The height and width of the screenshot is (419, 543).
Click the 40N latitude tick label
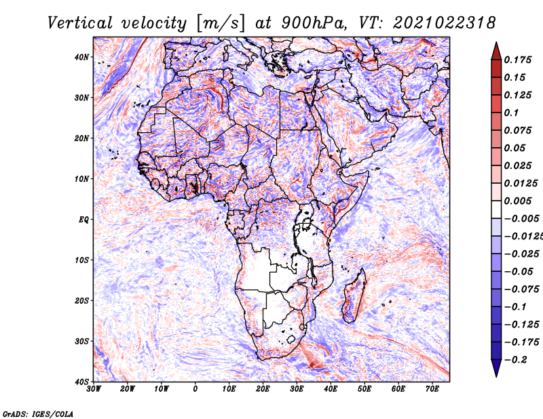pyautogui.click(x=81, y=57)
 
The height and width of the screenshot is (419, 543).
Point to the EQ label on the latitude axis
pyautogui.click(x=83, y=220)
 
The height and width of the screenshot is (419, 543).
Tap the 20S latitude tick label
pyautogui.click(x=81, y=300)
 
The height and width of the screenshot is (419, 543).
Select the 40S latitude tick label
pyautogui.click(x=81, y=382)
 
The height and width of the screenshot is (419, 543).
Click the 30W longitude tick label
pyautogui.click(x=94, y=389)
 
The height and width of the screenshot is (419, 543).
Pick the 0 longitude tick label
pyautogui.click(x=195, y=389)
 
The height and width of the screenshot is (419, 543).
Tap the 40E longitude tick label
pyautogui.click(x=331, y=389)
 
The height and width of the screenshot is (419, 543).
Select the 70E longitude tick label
pyautogui.click(x=432, y=389)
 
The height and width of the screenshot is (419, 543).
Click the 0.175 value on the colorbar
pyautogui.click(x=518, y=60)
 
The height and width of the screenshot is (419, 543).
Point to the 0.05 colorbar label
pyautogui.click(x=514, y=148)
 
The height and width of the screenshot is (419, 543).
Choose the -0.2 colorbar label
pyautogui.click(x=516, y=360)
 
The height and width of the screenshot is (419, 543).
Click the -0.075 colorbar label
pyautogui.click(x=522, y=290)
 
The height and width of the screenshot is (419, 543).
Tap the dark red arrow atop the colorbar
pyautogui.click(x=496, y=51)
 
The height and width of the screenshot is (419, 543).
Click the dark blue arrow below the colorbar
pyautogui.click(x=496, y=368)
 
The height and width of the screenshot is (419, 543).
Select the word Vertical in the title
pyautogui.click(x=80, y=23)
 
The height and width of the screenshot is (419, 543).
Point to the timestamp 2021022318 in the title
pyautogui.click(x=444, y=23)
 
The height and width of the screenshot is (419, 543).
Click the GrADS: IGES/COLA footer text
pyautogui.click(x=38, y=414)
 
